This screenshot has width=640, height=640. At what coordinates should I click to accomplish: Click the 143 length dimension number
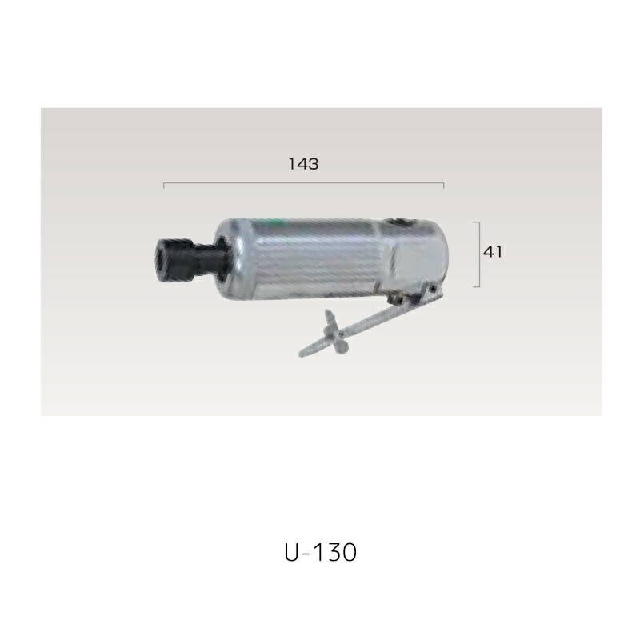coord(303,164)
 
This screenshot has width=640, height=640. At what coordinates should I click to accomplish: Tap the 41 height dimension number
coord(492,251)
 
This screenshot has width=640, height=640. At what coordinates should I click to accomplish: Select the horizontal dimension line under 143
coord(304,184)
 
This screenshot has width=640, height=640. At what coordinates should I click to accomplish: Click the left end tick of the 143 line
coord(164,186)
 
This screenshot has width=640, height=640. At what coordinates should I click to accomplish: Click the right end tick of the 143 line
coord(443,186)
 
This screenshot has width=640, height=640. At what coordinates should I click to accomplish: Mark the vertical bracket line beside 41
coord(478,254)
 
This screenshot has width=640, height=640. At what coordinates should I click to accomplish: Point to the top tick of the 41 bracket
coord(475,222)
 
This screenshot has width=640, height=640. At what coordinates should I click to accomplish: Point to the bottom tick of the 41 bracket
coord(475,286)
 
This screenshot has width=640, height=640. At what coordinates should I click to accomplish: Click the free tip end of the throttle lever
coord(302,352)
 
